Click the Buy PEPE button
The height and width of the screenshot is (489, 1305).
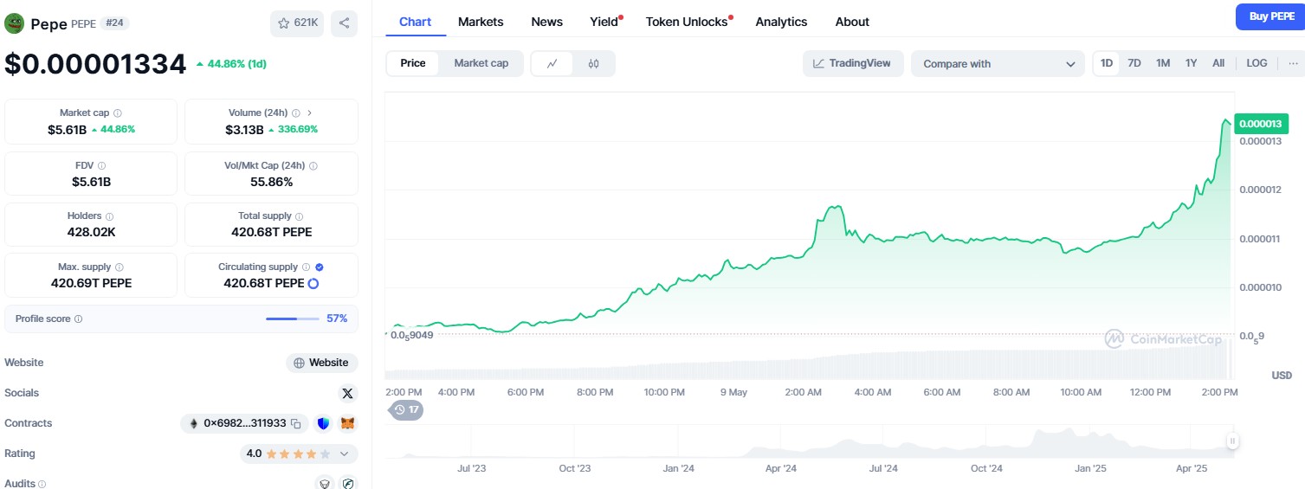tap(1270, 16)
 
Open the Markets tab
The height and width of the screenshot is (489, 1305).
tap(481, 22)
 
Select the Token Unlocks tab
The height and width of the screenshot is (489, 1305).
tap(687, 22)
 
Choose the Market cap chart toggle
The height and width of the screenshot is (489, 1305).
tap(481, 63)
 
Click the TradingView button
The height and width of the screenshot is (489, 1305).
tap(852, 63)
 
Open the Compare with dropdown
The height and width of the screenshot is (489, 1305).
tap(997, 64)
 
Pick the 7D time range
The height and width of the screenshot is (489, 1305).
tap(1134, 63)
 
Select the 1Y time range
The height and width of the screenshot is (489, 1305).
tap(1191, 63)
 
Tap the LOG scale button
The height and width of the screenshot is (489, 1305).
tap(1257, 63)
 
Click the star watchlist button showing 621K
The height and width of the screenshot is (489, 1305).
tap(297, 23)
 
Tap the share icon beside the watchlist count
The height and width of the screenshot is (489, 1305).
tap(344, 23)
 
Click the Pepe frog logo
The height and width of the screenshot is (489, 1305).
tap(14, 23)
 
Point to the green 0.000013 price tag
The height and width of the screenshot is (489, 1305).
tap(1261, 124)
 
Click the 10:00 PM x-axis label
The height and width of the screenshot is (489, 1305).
tap(664, 392)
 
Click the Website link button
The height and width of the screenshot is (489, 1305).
tap(321, 363)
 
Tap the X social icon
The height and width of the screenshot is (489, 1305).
tap(347, 394)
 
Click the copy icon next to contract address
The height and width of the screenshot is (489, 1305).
tap(295, 424)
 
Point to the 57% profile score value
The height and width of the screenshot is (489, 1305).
tap(337, 318)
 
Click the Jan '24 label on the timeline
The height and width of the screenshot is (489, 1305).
tap(678, 468)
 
